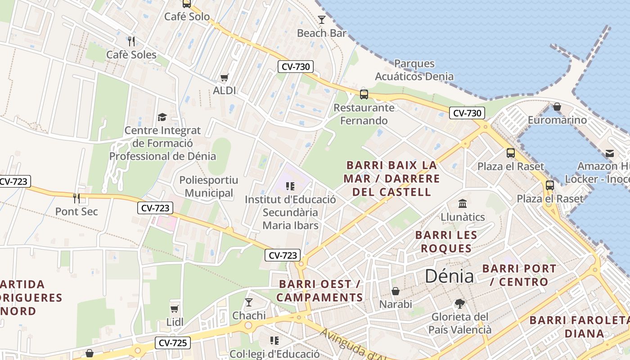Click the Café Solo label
pyautogui.click(x=187, y=17)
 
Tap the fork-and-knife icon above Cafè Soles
pyautogui.click(x=131, y=41)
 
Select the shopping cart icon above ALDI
pyautogui.click(x=224, y=77)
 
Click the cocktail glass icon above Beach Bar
pyautogui.click(x=322, y=20)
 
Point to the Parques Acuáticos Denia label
pyautogui.click(x=414, y=70)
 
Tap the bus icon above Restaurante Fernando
pyautogui.click(x=364, y=94)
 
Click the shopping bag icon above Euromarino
pyautogui.click(x=557, y=107)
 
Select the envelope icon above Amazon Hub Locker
pyautogui.click(x=610, y=153)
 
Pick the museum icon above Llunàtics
pyautogui.click(x=463, y=204)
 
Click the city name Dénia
pyautogui.click(x=449, y=276)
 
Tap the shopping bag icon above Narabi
pyautogui.click(x=396, y=292)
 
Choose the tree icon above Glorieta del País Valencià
pyautogui.click(x=459, y=304)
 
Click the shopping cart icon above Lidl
pyautogui.click(x=175, y=309)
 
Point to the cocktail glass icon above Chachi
pyautogui.click(x=249, y=302)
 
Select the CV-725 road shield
pyautogui.click(x=173, y=343)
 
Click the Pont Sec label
pyautogui.click(x=76, y=211)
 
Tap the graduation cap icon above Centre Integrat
pyautogui.click(x=162, y=117)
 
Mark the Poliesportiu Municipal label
pyautogui.click(x=209, y=187)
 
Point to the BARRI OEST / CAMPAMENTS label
pyautogui.click(x=319, y=291)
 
